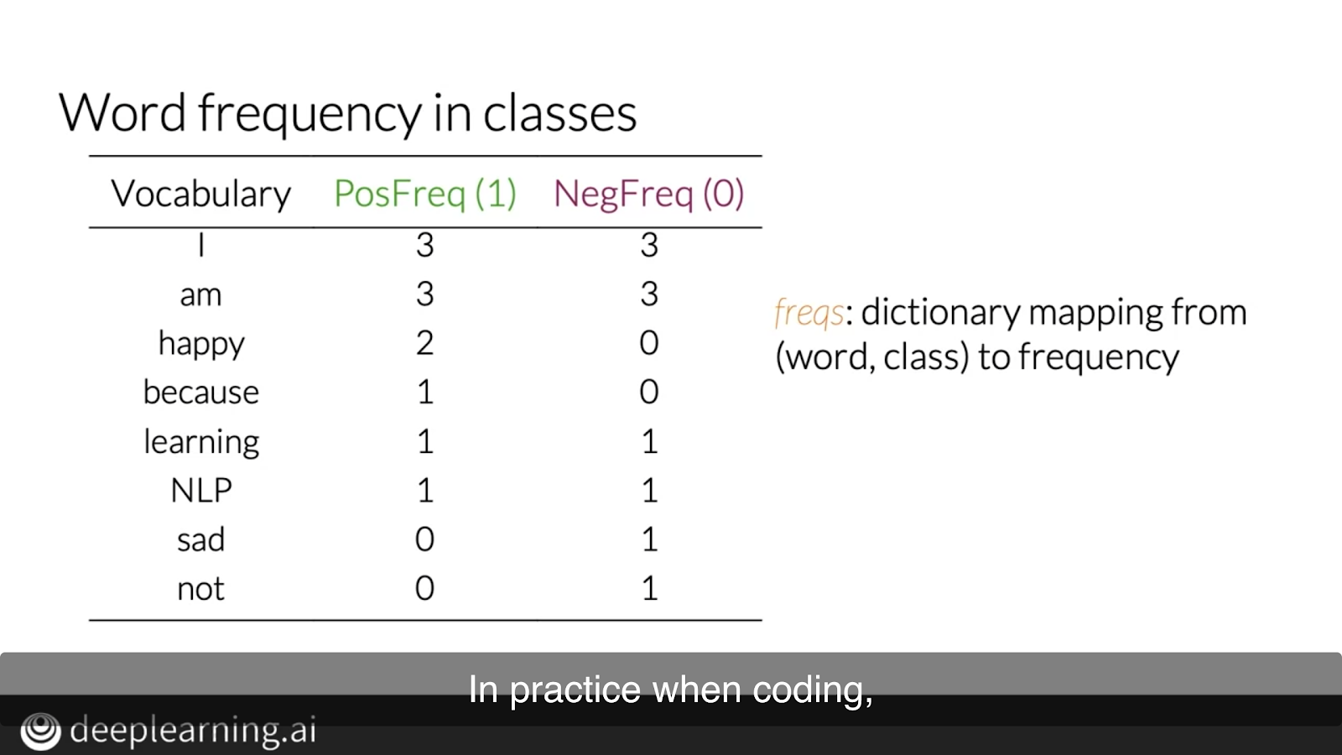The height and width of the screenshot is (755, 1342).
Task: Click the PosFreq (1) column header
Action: tap(424, 194)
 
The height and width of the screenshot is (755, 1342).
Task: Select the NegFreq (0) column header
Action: tap(649, 194)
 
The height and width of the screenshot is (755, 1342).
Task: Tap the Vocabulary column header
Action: tap(200, 194)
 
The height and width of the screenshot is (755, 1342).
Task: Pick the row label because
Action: tap(200, 393)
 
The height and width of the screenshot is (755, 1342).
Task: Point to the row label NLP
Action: tap(201, 490)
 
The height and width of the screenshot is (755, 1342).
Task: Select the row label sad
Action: tap(200, 539)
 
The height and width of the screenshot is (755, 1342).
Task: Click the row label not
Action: tap(200, 588)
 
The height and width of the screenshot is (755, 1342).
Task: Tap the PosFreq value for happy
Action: tap(424, 343)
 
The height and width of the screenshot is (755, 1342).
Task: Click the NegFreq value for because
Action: tap(649, 392)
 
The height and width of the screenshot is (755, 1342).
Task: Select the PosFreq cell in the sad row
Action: tap(424, 539)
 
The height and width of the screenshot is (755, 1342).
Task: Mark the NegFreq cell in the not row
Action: tap(650, 588)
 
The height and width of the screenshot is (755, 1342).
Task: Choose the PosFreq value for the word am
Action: tap(424, 294)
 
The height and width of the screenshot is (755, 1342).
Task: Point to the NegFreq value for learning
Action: tap(650, 441)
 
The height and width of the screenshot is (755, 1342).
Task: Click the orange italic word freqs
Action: tap(809, 313)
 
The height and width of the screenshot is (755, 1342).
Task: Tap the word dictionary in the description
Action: tap(940, 313)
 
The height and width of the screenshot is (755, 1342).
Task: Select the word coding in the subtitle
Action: tap(813, 690)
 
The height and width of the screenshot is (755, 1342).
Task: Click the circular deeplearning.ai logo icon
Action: tap(41, 731)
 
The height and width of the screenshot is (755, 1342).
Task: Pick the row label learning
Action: tap(201, 442)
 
